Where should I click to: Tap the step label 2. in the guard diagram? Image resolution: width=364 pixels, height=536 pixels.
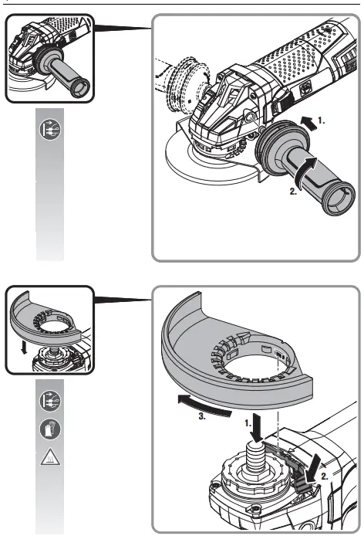(x=324, y=477)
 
